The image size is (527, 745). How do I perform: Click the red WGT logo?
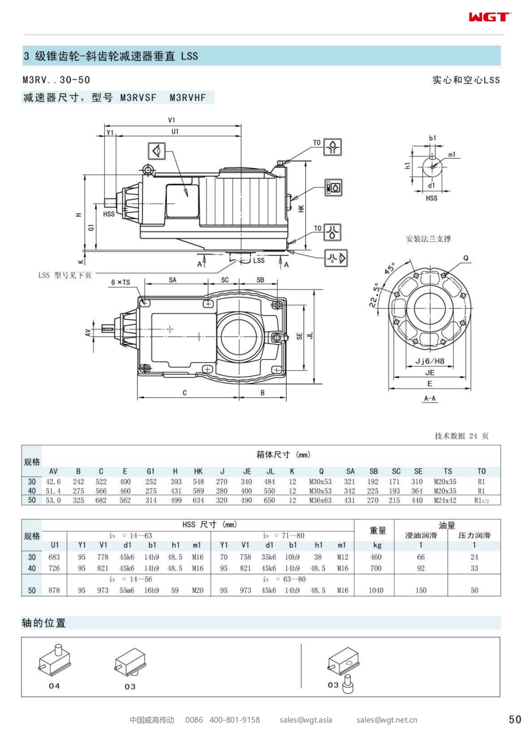pyautogui.click(x=490, y=17)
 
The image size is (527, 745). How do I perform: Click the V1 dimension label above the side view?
pyautogui.click(x=172, y=120)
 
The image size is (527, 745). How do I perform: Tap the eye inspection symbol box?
pyautogui.click(x=157, y=151)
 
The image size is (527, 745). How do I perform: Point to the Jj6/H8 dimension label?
pyautogui.click(x=430, y=361)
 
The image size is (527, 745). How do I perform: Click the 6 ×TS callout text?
pyautogui.click(x=120, y=282)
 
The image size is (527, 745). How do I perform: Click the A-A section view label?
pyautogui.click(x=430, y=398)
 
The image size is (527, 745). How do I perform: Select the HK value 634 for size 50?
pyautogui.click(x=198, y=500)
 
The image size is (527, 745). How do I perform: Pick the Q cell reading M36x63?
pyautogui.click(x=320, y=500)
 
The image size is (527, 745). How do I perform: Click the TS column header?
pyautogui.click(x=447, y=471)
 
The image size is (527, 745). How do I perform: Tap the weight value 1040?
pyautogui.click(x=376, y=590)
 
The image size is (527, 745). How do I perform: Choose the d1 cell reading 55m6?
pyautogui.click(x=127, y=590)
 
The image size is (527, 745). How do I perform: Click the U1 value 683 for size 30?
pyautogui.click(x=54, y=557)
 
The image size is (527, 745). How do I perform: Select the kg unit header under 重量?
pyautogui.click(x=377, y=545)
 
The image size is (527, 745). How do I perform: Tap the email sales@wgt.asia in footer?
pyautogui.click(x=306, y=720)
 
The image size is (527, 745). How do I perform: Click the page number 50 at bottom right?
pyautogui.click(x=515, y=719)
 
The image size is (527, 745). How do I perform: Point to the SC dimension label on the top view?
pyautogui.click(x=225, y=280)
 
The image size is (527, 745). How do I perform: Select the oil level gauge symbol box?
pyautogui.click(x=333, y=188)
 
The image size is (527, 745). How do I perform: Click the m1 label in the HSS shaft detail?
pyautogui.click(x=452, y=155)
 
